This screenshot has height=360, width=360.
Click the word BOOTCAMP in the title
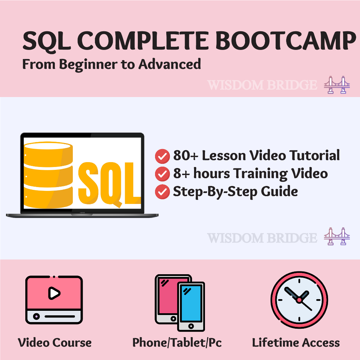(x=286, y=41)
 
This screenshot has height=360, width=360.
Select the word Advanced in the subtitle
(x=170, y=64)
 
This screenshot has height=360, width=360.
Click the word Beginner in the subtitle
(x=88, y=65)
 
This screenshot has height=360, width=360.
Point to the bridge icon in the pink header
(x=337, y=85)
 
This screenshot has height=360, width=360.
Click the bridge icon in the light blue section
(x=337, y=236)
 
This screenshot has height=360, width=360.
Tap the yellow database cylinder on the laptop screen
(x=48, y=175)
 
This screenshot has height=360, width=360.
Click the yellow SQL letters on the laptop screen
(x=110, y=183)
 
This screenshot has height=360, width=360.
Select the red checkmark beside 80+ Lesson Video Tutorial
(x=162, y=156)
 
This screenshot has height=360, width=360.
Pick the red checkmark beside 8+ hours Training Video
(x=162, y=174)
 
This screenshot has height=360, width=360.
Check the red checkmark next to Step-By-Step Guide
(x=162, y=192)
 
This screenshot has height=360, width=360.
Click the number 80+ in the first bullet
(x=186, y=155)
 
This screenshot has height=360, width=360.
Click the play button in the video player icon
(x=54, y=293)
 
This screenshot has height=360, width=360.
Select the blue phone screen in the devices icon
(x=191, y=303)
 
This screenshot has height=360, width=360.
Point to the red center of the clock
(x=299, y=300)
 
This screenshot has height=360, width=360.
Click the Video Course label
(x=54, y=342)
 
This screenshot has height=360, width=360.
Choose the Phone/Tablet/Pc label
(x=177, y=343)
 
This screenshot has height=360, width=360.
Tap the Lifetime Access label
(x=296, y=342)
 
